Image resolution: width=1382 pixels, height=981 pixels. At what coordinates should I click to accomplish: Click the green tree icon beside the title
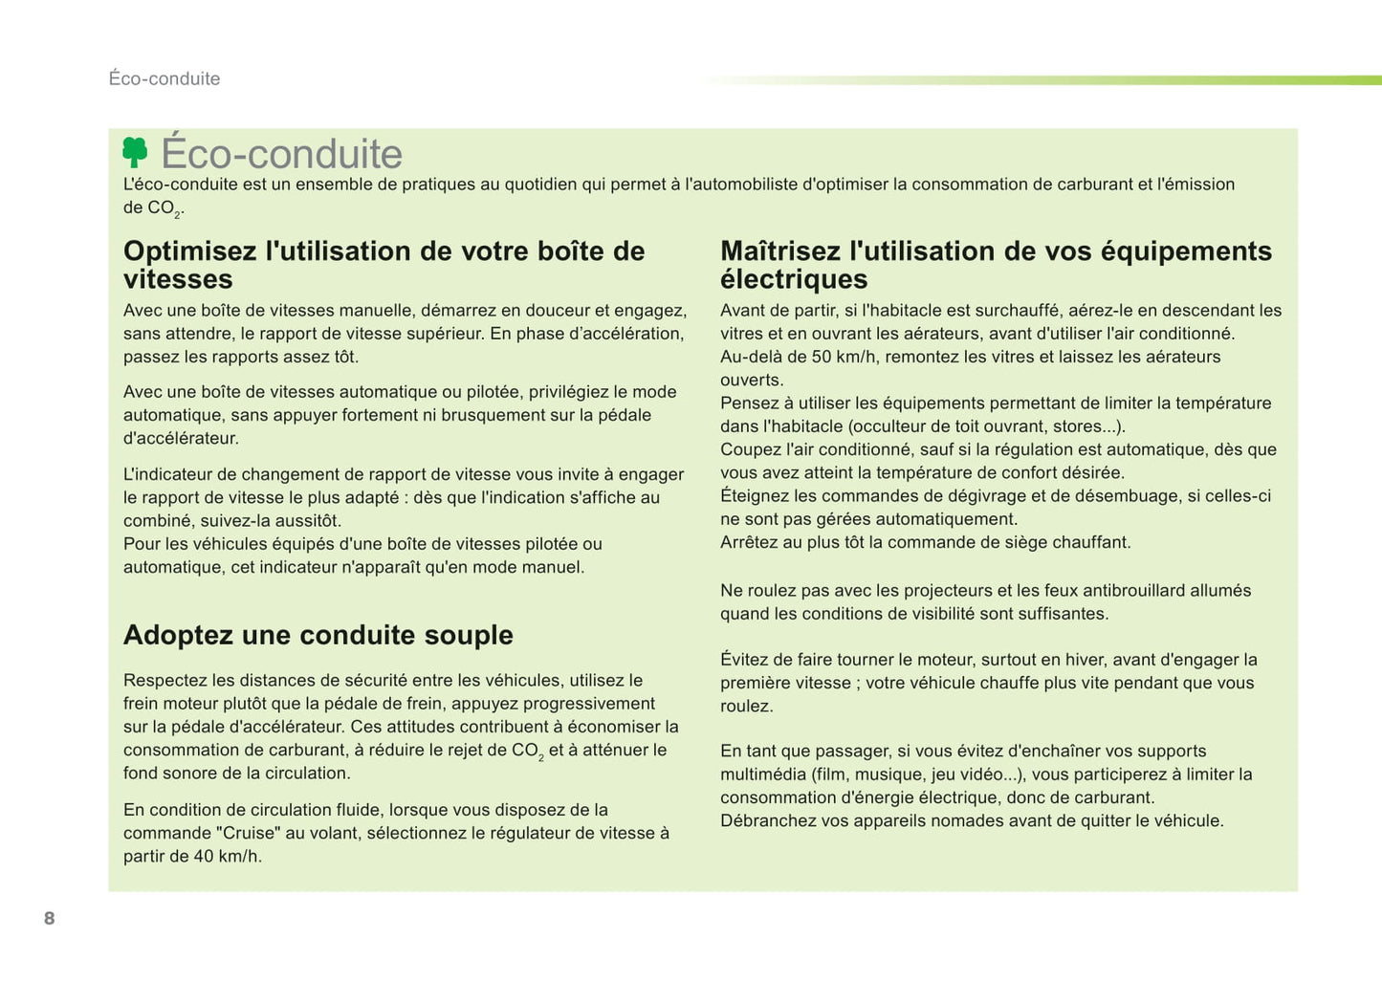click(135, 152)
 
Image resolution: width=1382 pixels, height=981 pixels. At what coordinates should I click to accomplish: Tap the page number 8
click(50, 919)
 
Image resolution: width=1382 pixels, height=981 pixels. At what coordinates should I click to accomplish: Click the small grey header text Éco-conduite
click(165, 78)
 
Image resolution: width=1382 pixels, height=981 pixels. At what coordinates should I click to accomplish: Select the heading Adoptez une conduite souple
click(318, 635)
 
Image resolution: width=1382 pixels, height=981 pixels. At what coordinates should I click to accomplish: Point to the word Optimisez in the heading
click(190, 251)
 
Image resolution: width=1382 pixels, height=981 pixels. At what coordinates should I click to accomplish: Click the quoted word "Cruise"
click(248, 834)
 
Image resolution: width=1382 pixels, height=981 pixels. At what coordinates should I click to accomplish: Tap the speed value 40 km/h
click(227, 857)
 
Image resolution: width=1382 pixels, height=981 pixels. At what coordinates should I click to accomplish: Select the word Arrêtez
click(751, 543)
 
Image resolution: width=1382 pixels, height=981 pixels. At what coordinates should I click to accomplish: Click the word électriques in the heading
click(794, 279)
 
